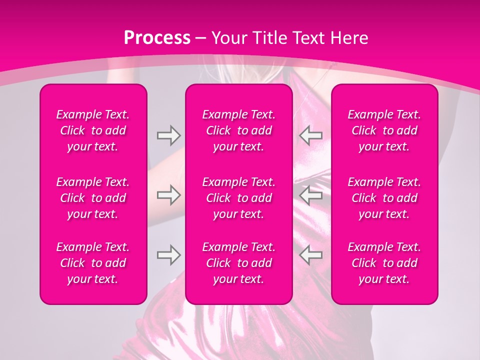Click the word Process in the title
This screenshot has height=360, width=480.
157,38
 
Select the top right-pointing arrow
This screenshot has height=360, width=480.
168,135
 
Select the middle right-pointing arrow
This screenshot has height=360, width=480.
168,195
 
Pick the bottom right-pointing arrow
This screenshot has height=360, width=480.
168,254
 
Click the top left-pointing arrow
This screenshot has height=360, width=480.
310,135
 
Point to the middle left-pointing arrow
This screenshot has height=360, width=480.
310,195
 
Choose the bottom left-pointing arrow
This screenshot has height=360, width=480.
310,254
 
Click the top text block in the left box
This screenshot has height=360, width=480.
93,130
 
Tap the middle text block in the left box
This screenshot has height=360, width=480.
93,198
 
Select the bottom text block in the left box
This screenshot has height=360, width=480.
93,263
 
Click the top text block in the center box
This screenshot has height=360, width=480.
239,130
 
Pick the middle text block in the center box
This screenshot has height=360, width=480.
239,198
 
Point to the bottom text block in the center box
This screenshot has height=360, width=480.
239,263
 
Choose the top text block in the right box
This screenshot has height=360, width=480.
384,130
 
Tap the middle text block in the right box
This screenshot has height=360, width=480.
384,198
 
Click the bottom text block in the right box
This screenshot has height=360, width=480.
384,263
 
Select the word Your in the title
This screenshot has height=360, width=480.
228,38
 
